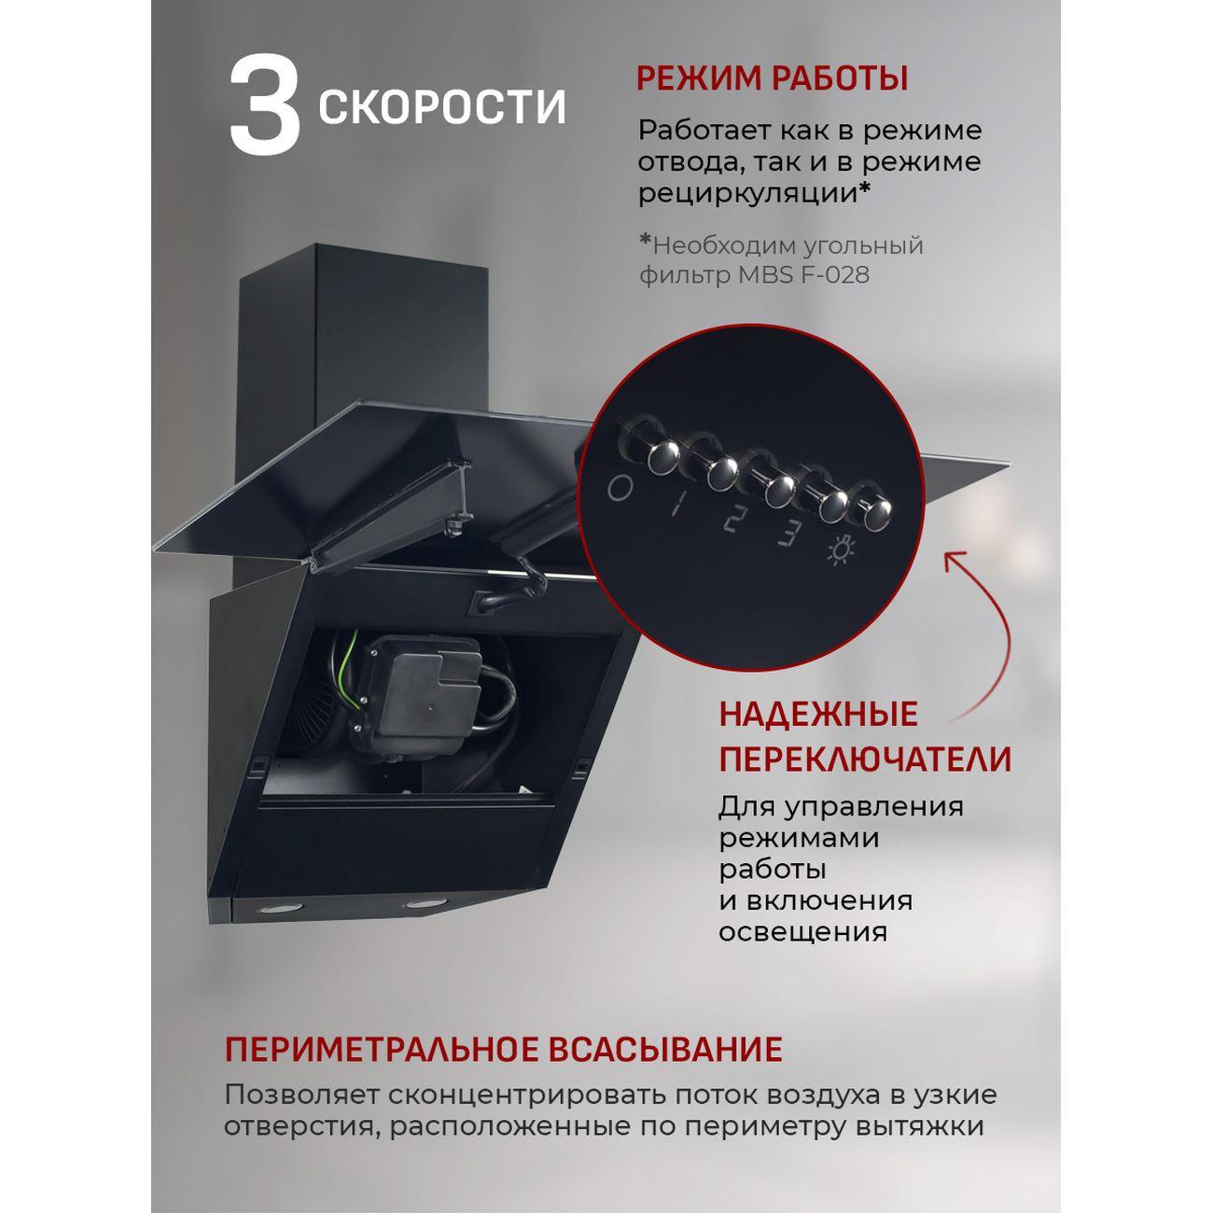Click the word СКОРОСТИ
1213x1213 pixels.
(442, 107)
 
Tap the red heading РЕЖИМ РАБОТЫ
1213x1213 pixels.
(772, 79)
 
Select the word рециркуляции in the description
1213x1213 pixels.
(747, 193)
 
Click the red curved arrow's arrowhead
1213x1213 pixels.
(954, 560)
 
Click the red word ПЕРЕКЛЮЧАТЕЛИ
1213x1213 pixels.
(865, 760)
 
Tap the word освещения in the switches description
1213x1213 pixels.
(802, 932)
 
